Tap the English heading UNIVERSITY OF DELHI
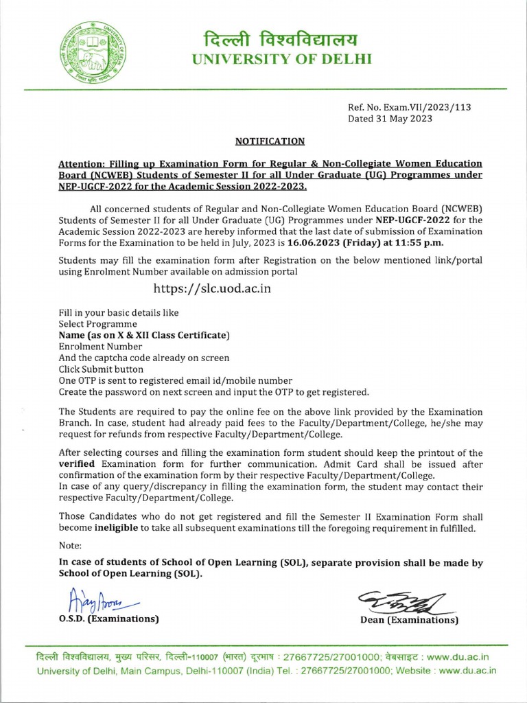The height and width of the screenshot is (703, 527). coord(281,59)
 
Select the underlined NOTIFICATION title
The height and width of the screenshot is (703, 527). coord(270,141)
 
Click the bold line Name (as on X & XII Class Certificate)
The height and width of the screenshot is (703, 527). coord(144,335)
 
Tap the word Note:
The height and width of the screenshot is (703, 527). coord(70,546)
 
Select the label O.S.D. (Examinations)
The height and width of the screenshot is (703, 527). coord(108,620)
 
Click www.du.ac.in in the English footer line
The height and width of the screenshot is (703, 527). coord(467,670)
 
